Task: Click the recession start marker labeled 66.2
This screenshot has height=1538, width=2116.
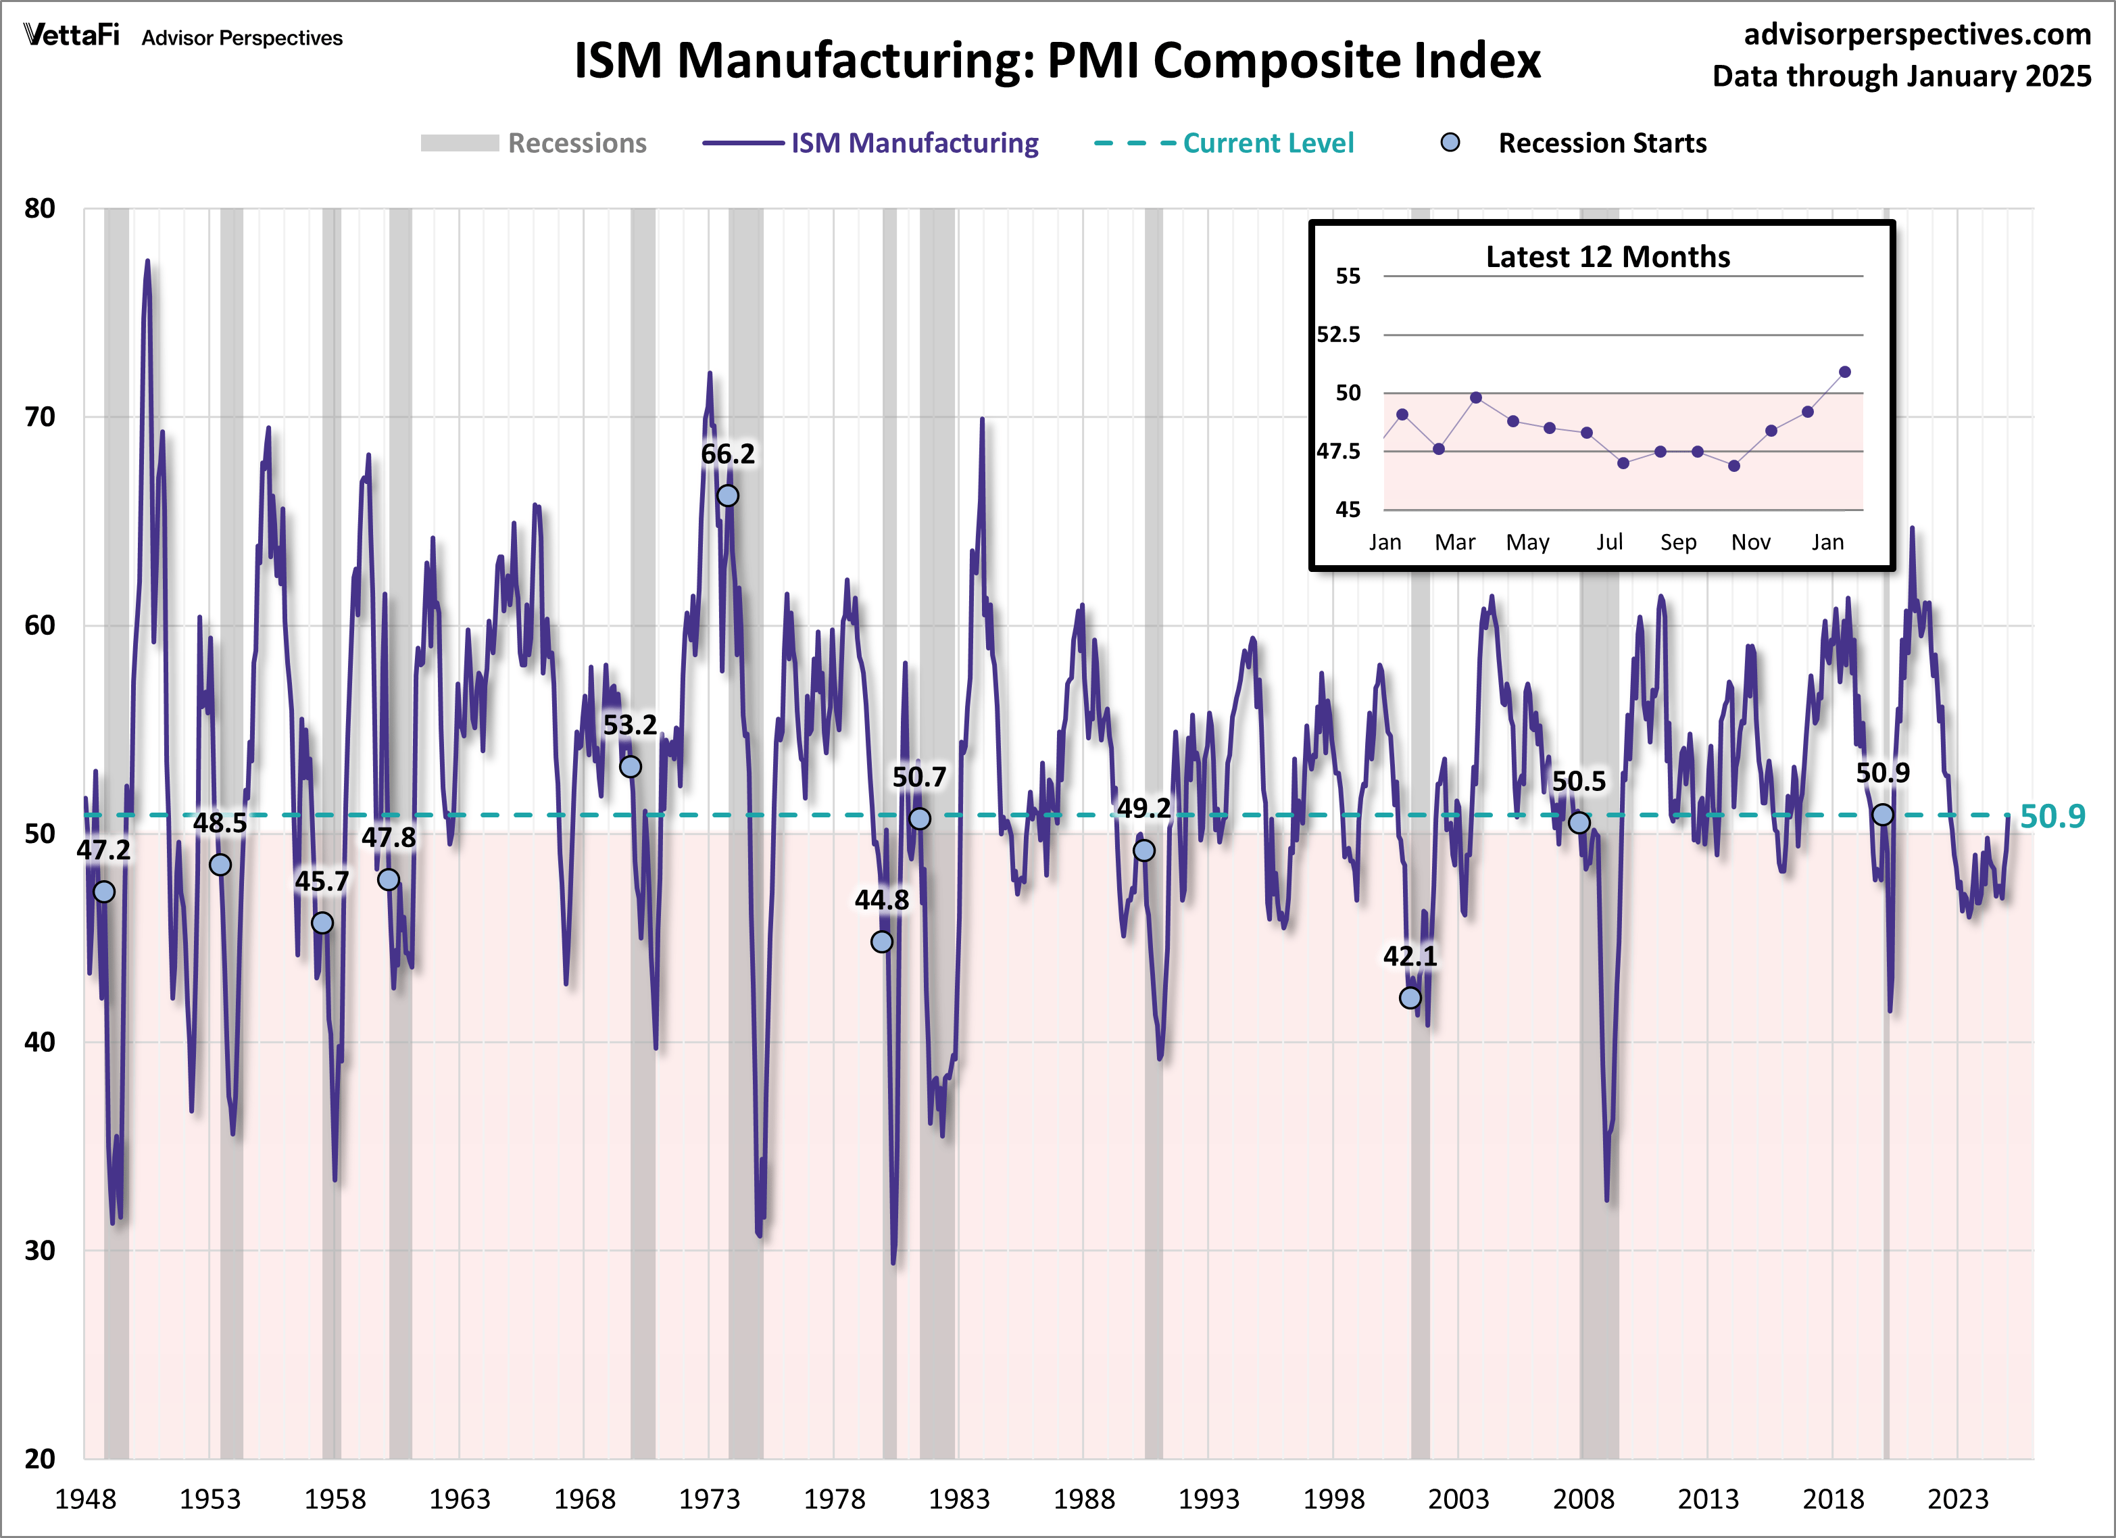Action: pos(727,496)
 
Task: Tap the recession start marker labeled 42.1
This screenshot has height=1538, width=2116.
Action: pos(1410,998)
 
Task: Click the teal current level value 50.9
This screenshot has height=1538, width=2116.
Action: pos(2052,817)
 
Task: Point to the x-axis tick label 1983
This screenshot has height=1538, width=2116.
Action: pos(958,1499)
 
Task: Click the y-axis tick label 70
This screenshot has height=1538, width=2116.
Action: pos(39,417)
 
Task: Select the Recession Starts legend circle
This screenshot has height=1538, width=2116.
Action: pos(1450,143)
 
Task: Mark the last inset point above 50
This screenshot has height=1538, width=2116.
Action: pos(1844,371)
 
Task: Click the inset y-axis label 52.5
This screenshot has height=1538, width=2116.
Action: pos(1338,334)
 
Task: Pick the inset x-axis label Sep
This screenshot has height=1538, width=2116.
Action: pos(1677,542)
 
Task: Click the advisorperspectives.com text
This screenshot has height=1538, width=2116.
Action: pos(1917,34)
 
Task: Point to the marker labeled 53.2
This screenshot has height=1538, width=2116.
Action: pos(631,766)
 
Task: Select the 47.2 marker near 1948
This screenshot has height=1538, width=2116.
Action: pos(105,891)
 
